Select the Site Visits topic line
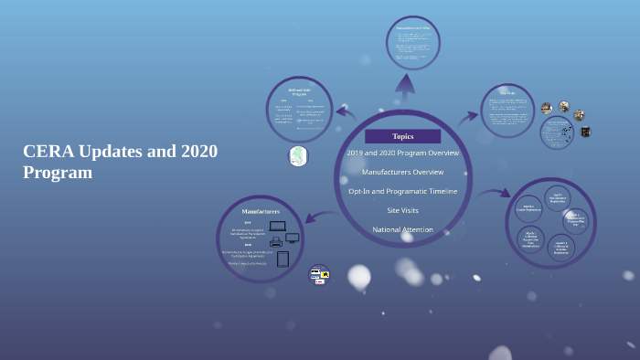[x=402, y=210]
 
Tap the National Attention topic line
[x=402, y=229]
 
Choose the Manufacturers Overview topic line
[x=402, y=172]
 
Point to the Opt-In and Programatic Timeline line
[x=402, y=191]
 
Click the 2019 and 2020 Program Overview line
[x=402, y=153]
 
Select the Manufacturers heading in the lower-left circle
[x=261, y=211]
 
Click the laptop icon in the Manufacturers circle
[x=278, y=226]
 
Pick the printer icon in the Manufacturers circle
[x=276, y=242]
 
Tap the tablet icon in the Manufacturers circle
[x=283, y=259]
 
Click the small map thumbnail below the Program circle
[x=298, y=156]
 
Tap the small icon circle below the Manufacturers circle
[x=319, y=274]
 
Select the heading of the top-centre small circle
[x=412, y=28]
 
